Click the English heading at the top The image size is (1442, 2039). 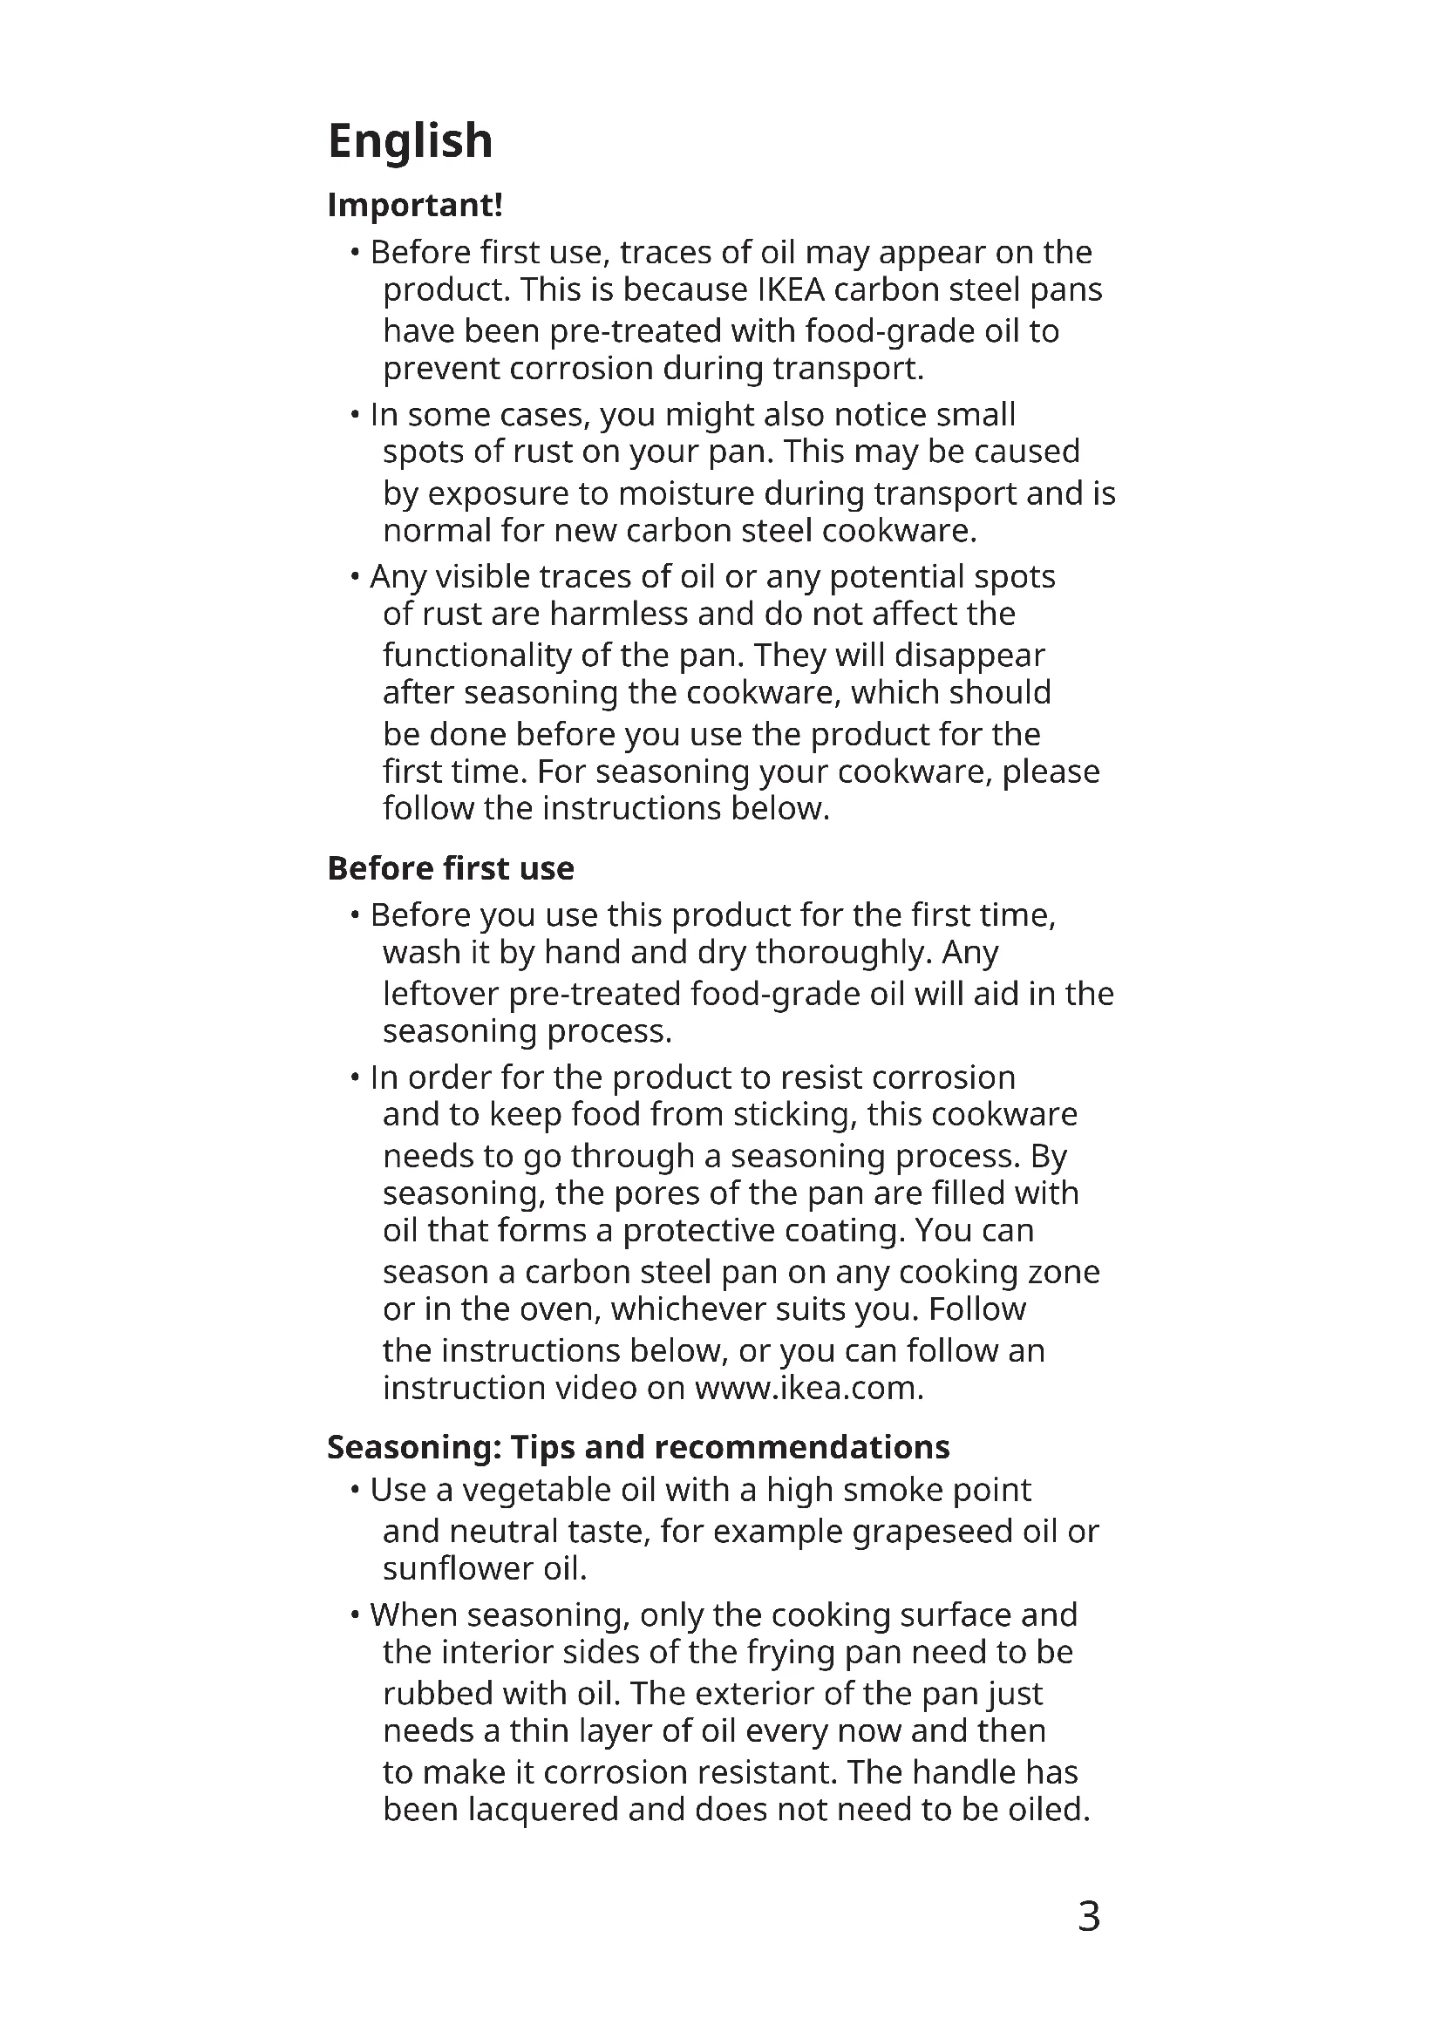pyautogui.click(x=411, y=141)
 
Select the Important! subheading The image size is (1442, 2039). pyautogui.click(x=415, y=205)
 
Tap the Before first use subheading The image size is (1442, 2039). pyautogui.click(x=450, y=868)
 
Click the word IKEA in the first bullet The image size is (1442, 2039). pyautogui.click(x=790, y=290)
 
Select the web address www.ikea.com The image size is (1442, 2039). pyautogui.click(x=809, y=1388)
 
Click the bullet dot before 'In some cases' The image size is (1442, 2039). pyautogui.click(x=354, y=415)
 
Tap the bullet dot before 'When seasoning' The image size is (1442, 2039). pyautogui.click(x=354, y=1614)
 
